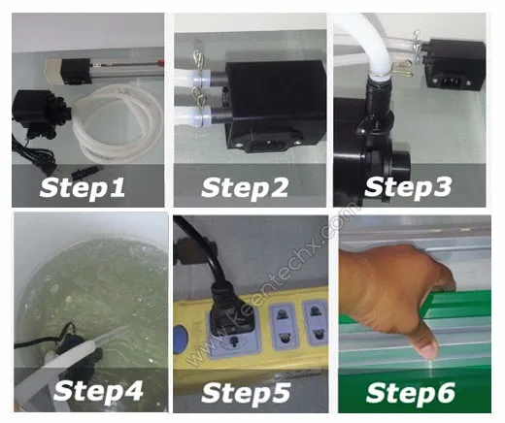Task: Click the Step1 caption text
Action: (83, 188)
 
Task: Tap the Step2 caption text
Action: (245, 188)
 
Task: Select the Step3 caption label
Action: (408, 187)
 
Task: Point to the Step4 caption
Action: (98, 391)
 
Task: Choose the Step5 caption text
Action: (246, 393)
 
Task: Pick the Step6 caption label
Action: (411, 393)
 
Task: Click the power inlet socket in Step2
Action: (271, 143)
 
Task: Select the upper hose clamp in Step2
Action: (198, 60)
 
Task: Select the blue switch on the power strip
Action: (181, 340)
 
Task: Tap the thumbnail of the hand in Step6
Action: (429, 350)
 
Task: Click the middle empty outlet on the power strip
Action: (283, 326)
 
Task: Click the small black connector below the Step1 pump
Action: (87, 172)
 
